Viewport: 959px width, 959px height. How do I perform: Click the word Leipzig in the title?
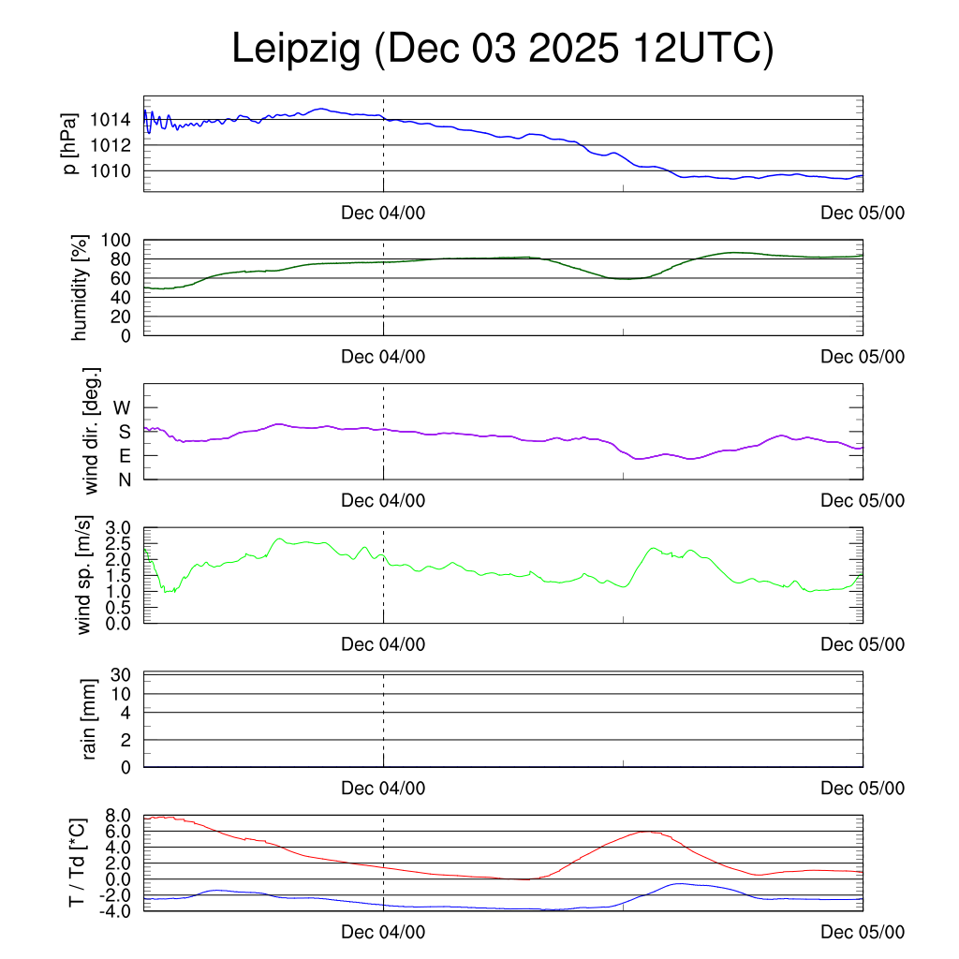[x=296, y=50]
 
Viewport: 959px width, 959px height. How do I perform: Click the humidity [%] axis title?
[x=80, y=288]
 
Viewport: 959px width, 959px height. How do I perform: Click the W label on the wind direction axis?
[x=123, y=407]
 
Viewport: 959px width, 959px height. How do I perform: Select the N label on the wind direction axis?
[x=124, y=479]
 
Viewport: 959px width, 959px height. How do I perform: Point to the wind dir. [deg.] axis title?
[x=92, y=431]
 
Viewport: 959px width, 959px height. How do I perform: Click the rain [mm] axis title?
[x=91, y=719]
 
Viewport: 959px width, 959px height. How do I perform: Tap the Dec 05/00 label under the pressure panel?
[x=863, y=213]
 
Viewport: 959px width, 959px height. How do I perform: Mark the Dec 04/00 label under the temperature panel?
[x=383, y=932]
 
